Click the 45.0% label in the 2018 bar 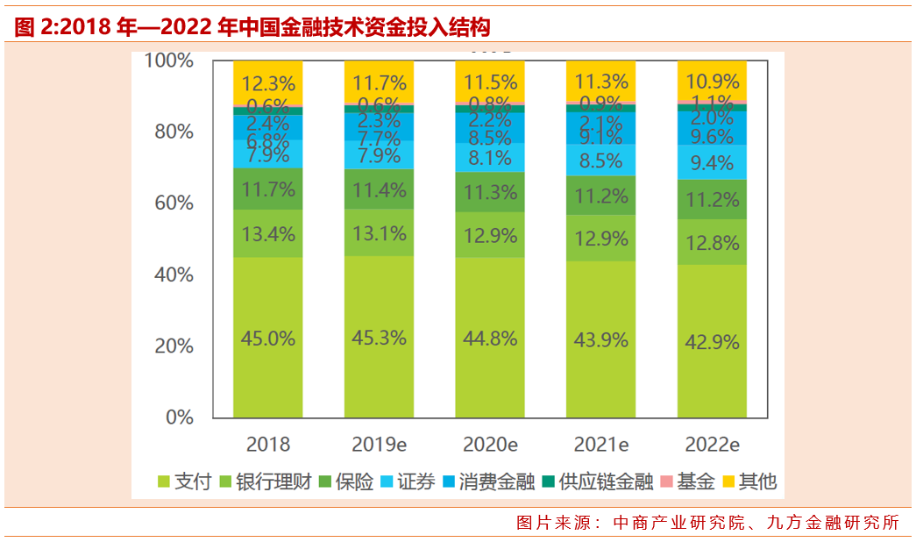tap(267, 338)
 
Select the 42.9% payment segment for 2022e tap(712, 342)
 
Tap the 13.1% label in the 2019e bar tap(379, 233)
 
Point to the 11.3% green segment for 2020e tap(489, 192)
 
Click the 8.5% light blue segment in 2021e tap(600, 160)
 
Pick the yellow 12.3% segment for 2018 tap(267, 84)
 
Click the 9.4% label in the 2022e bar tap(712, 162)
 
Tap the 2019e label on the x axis tap(379, 444)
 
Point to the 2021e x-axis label tap(600, 444)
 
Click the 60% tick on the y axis tap(168, 203)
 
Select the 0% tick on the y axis tap(179, 417)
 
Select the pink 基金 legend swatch tap(666, 481)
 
